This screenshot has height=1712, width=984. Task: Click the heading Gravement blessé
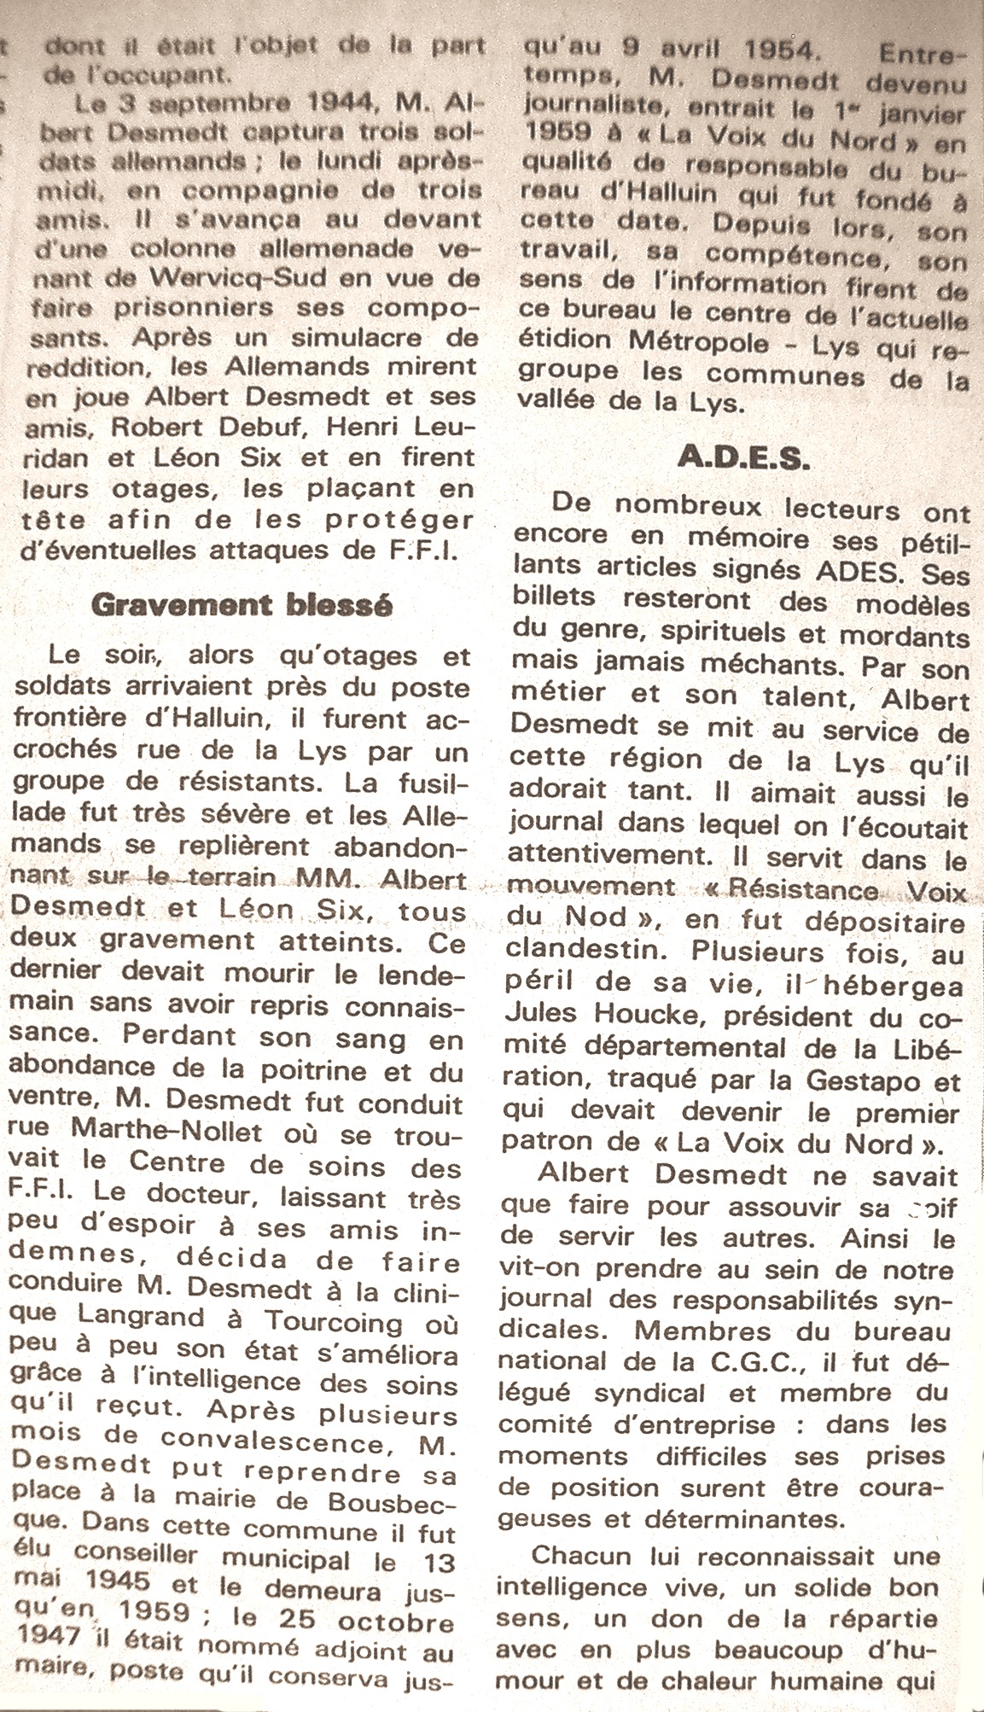pos(242,605)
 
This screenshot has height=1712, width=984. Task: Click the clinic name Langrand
pos(137,1323)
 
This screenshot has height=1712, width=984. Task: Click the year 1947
pos(47,1634)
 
